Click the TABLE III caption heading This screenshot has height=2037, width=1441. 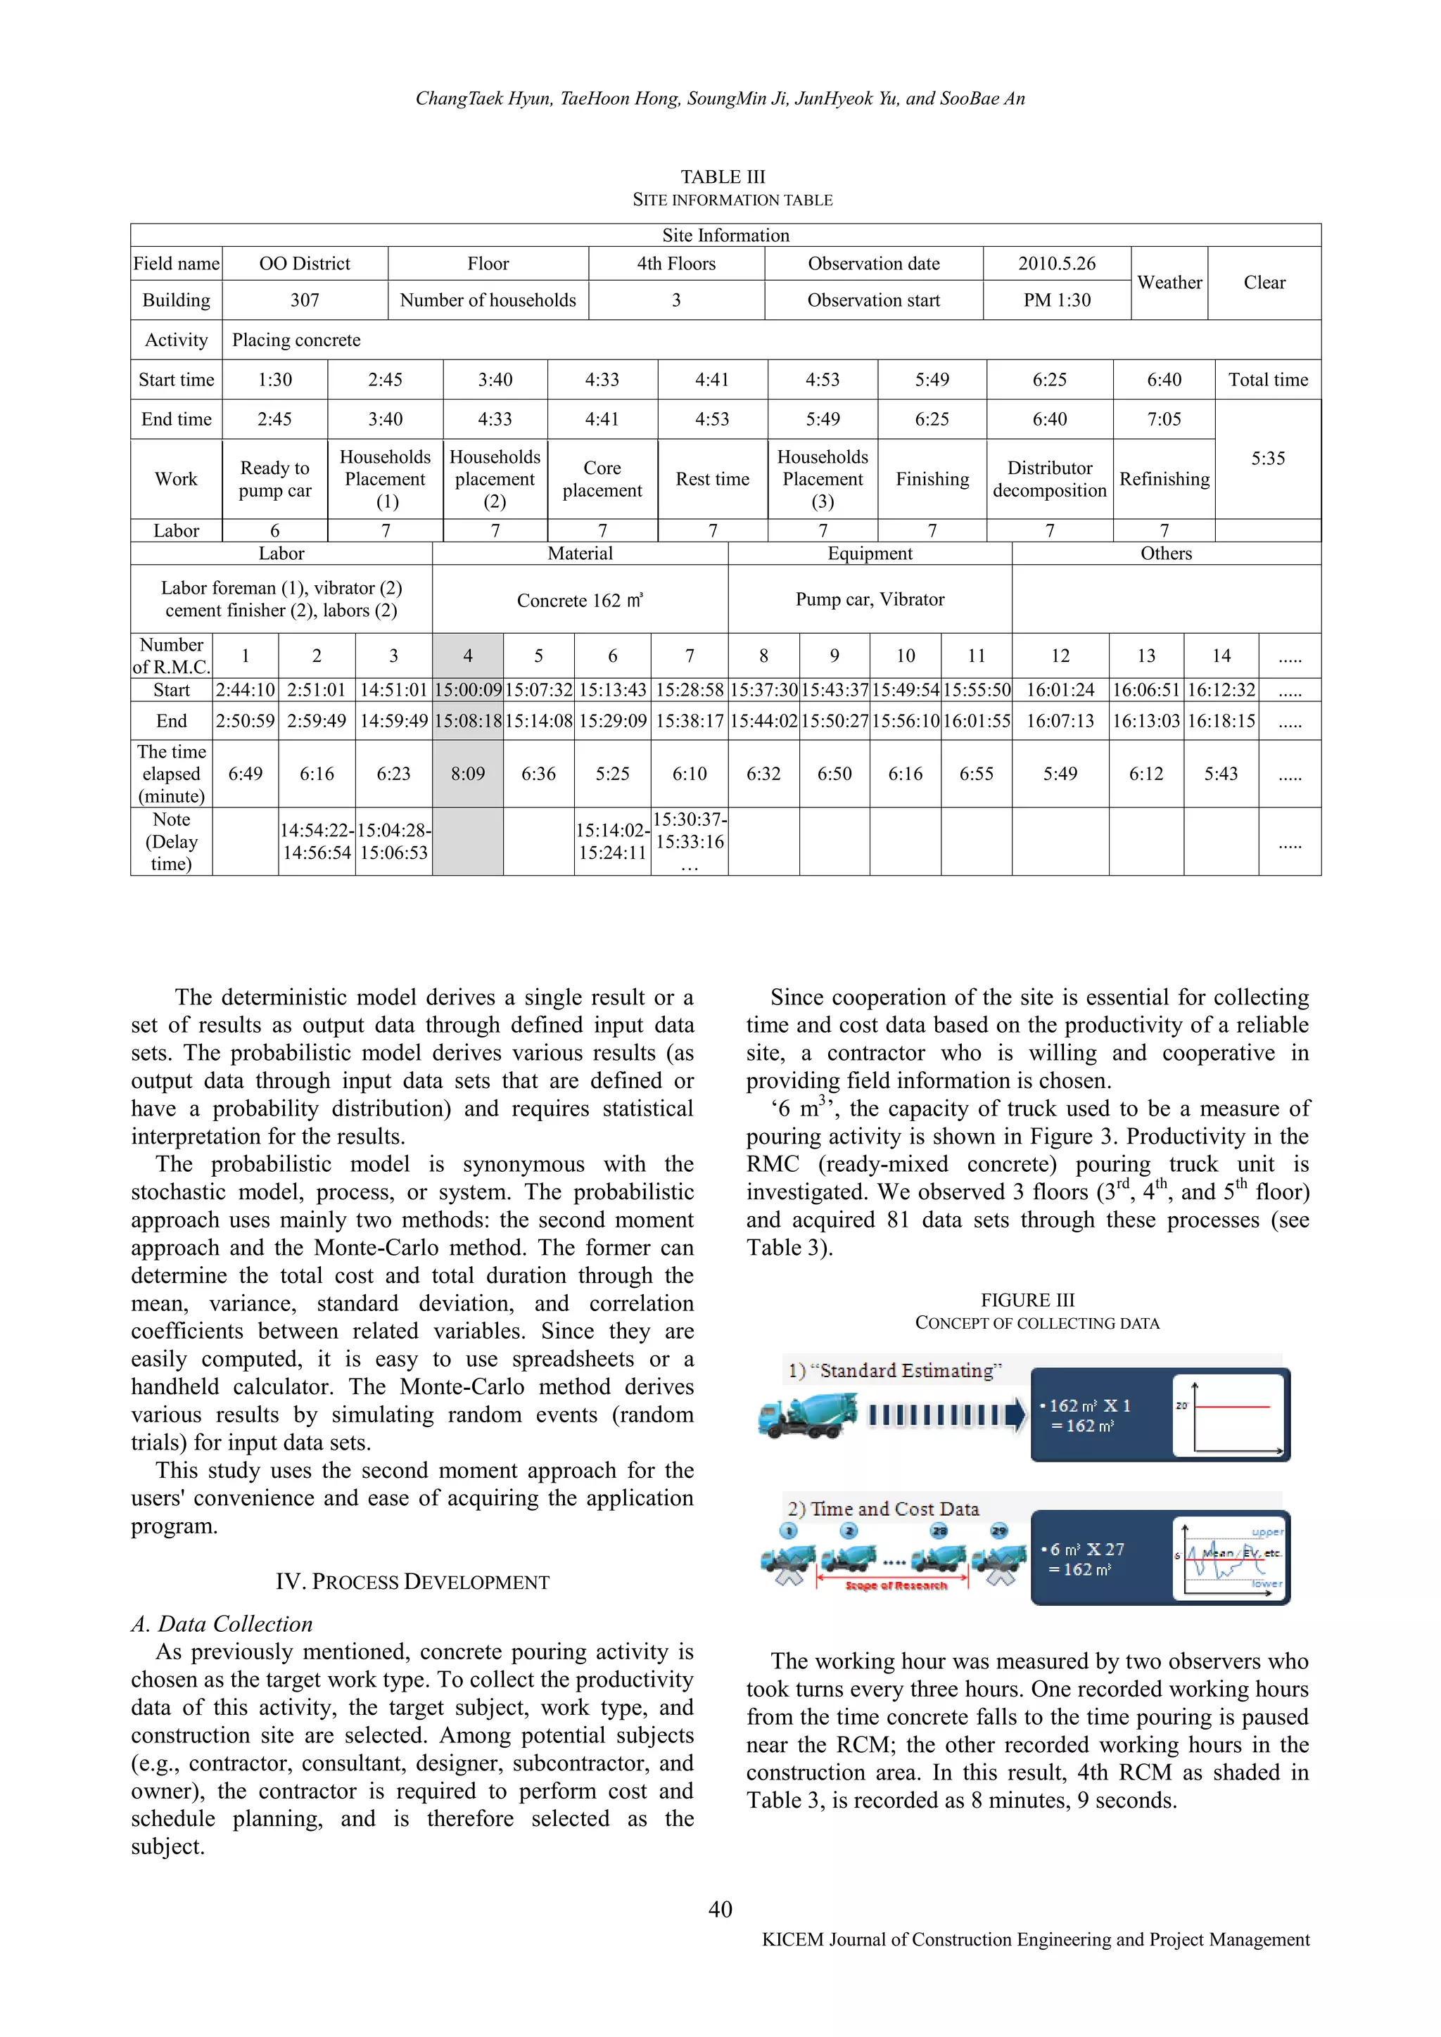723,177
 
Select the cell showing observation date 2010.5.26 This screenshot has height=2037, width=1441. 1056,264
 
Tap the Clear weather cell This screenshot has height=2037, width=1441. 1264,282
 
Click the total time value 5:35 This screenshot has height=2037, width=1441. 1267,459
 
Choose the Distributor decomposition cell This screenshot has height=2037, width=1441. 1049,479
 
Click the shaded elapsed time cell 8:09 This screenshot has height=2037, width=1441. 468,774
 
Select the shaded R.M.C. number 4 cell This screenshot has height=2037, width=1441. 468,656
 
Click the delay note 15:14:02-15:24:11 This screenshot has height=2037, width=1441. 612,841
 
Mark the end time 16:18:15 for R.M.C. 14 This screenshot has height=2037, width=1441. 1221,721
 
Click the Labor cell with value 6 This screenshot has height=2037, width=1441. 274,530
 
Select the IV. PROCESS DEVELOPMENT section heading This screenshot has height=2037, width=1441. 412,1582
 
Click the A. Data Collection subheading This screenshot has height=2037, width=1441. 222,1623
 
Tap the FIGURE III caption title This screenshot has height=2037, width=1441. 1027,1300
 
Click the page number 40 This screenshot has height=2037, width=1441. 720,1909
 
